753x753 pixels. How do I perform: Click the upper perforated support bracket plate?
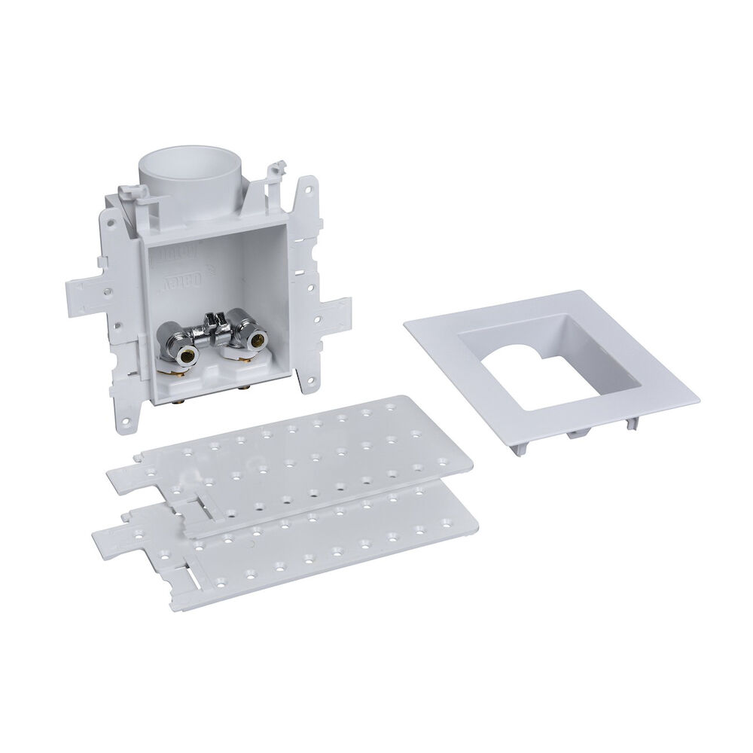click(x=301, y=459)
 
